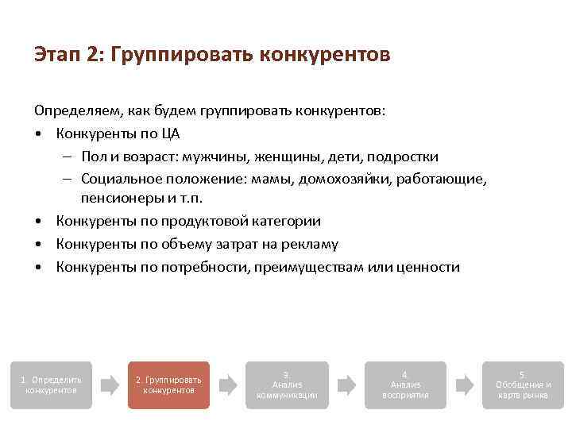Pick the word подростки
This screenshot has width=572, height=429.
click(403, 157)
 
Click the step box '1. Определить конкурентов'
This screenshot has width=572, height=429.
click(51, 385)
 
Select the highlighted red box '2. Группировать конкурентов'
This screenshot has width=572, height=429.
click(168, 385)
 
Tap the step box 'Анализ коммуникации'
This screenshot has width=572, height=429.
click(287, 385)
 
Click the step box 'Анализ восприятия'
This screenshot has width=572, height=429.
click(405, 385)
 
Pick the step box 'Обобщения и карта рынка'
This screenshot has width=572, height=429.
click(523, 385)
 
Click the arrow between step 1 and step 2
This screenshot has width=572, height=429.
click(110, 385)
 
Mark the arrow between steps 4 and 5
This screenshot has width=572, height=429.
click(464, 385)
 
